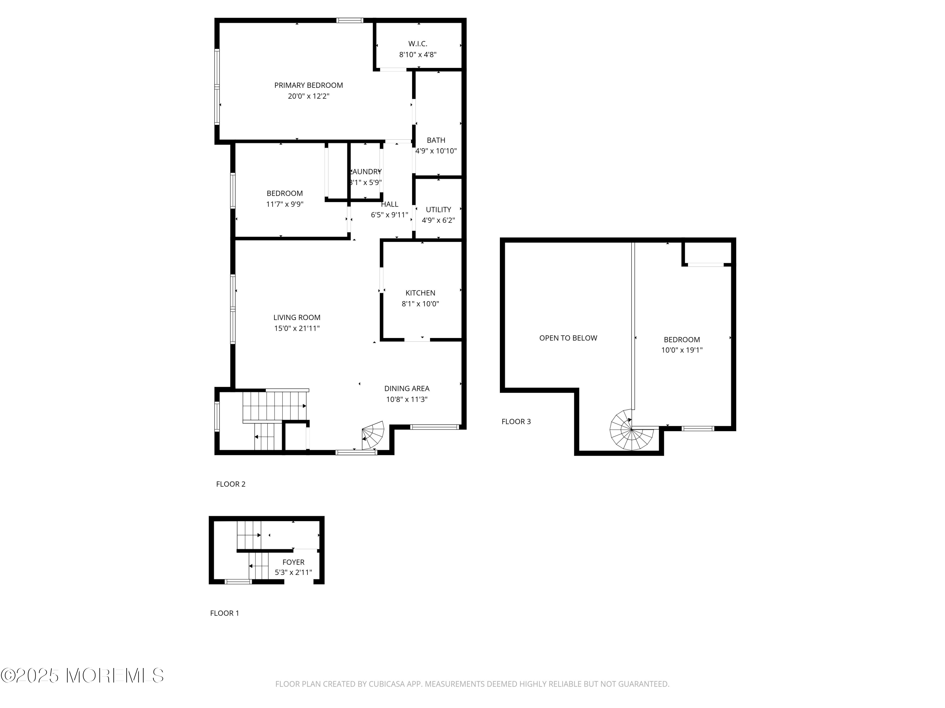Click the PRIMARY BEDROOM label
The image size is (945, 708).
point(308,85)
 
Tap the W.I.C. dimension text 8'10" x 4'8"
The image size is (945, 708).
point(417,55)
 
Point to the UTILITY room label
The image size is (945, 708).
point(438,210)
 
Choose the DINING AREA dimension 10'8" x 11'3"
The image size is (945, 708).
point(406,399)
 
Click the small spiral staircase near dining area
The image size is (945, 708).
point(373,435)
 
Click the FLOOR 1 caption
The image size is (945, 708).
point(224,613)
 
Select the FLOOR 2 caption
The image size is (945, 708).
point(231,484)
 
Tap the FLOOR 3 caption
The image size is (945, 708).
point(516,422)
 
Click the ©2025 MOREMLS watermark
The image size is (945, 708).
point(82,676)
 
